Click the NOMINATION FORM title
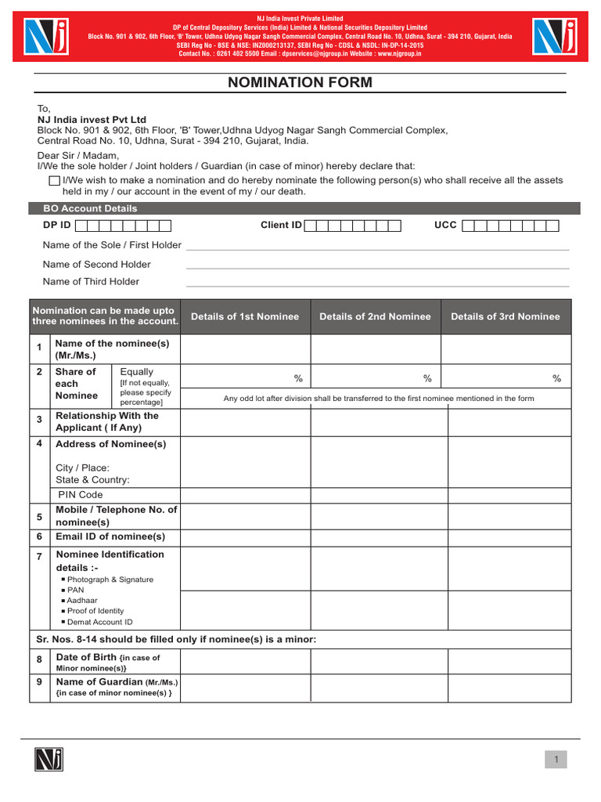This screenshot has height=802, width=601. tap(300, 82)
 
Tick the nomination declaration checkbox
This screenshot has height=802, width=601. tap(54, 180)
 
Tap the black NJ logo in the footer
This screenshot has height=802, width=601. tap(49, 759)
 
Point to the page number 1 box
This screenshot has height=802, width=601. tap(556, 759)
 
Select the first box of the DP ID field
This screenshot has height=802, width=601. tap(81, 226)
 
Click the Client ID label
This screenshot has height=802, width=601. tap(281, 226)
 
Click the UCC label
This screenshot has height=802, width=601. tap(445, 226)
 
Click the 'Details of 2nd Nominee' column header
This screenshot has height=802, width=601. tap(375, 316)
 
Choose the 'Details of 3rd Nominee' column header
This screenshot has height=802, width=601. tap(506, 316)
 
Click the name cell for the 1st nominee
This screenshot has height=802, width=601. tap(246, 349)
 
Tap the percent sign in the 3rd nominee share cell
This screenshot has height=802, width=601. tap(556, 379)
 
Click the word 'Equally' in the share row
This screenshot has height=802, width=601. tap(137, 372)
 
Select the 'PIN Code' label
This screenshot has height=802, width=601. tap(81, 495)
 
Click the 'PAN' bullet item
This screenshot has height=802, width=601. tap(75, 591)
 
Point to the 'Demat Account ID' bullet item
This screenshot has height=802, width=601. tap(99, 622)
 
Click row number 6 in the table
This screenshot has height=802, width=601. tap(39, 537)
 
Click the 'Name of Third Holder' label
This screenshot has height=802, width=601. tap(91, 282)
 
